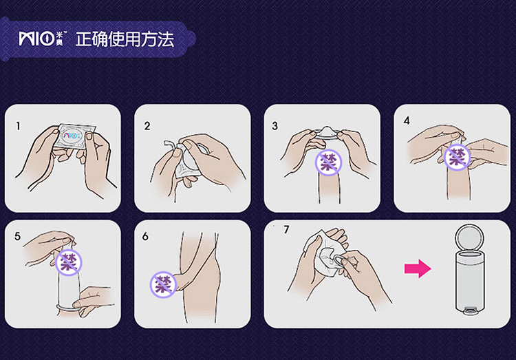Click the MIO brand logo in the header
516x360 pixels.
point(43,39)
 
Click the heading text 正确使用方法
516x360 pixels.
point(125,39)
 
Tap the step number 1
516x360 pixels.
point(18,126)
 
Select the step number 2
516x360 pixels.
point(147,126)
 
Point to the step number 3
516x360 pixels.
point(275,126)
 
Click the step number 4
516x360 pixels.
point(407,120)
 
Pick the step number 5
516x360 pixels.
point(17,236)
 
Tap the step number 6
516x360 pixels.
point(145,236)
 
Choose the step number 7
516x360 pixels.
point(286,229)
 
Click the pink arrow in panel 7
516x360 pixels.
point(418,268)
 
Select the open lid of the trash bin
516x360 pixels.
point(470,238)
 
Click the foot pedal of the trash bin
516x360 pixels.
point(470,310)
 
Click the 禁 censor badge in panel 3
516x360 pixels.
point(328,162)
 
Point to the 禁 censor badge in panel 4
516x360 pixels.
point(458,157)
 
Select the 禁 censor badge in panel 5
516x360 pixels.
point(68,262)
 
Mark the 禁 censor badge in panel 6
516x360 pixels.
point(163,284)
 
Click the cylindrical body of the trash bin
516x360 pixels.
point(470,280)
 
